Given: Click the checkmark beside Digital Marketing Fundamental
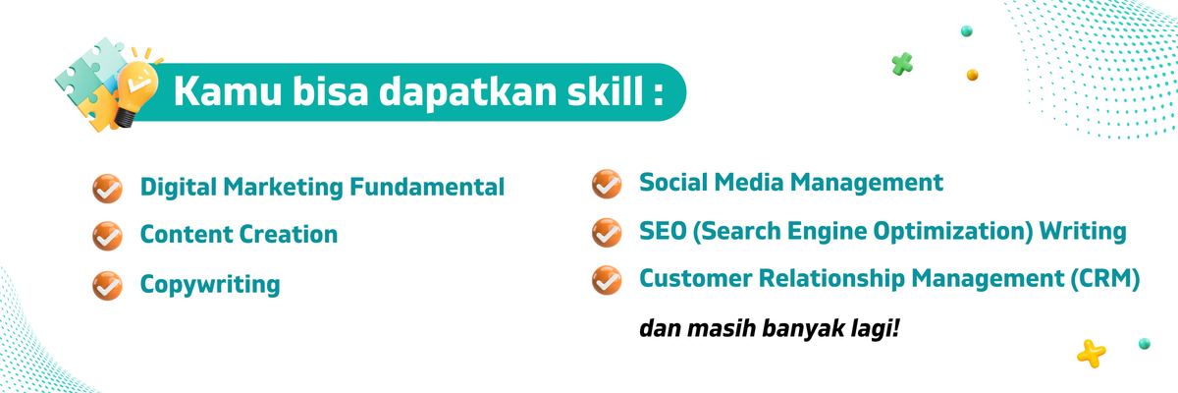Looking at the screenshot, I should point(106,187).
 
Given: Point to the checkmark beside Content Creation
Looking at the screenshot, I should point(106,236).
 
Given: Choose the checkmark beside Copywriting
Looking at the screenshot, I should point(106,285).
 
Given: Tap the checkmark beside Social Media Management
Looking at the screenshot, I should point(607,183).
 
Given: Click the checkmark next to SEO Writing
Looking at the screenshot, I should point(607,232).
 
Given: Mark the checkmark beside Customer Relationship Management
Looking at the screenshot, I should point(607,280).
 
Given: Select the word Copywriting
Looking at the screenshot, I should point(210,286).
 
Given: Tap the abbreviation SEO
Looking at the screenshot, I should point(661,232).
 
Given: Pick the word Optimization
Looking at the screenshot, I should point(935,232).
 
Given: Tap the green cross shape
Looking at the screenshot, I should point(902,64).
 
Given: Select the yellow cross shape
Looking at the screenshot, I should point(1091,352).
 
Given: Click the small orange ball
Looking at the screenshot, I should point(972,74).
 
